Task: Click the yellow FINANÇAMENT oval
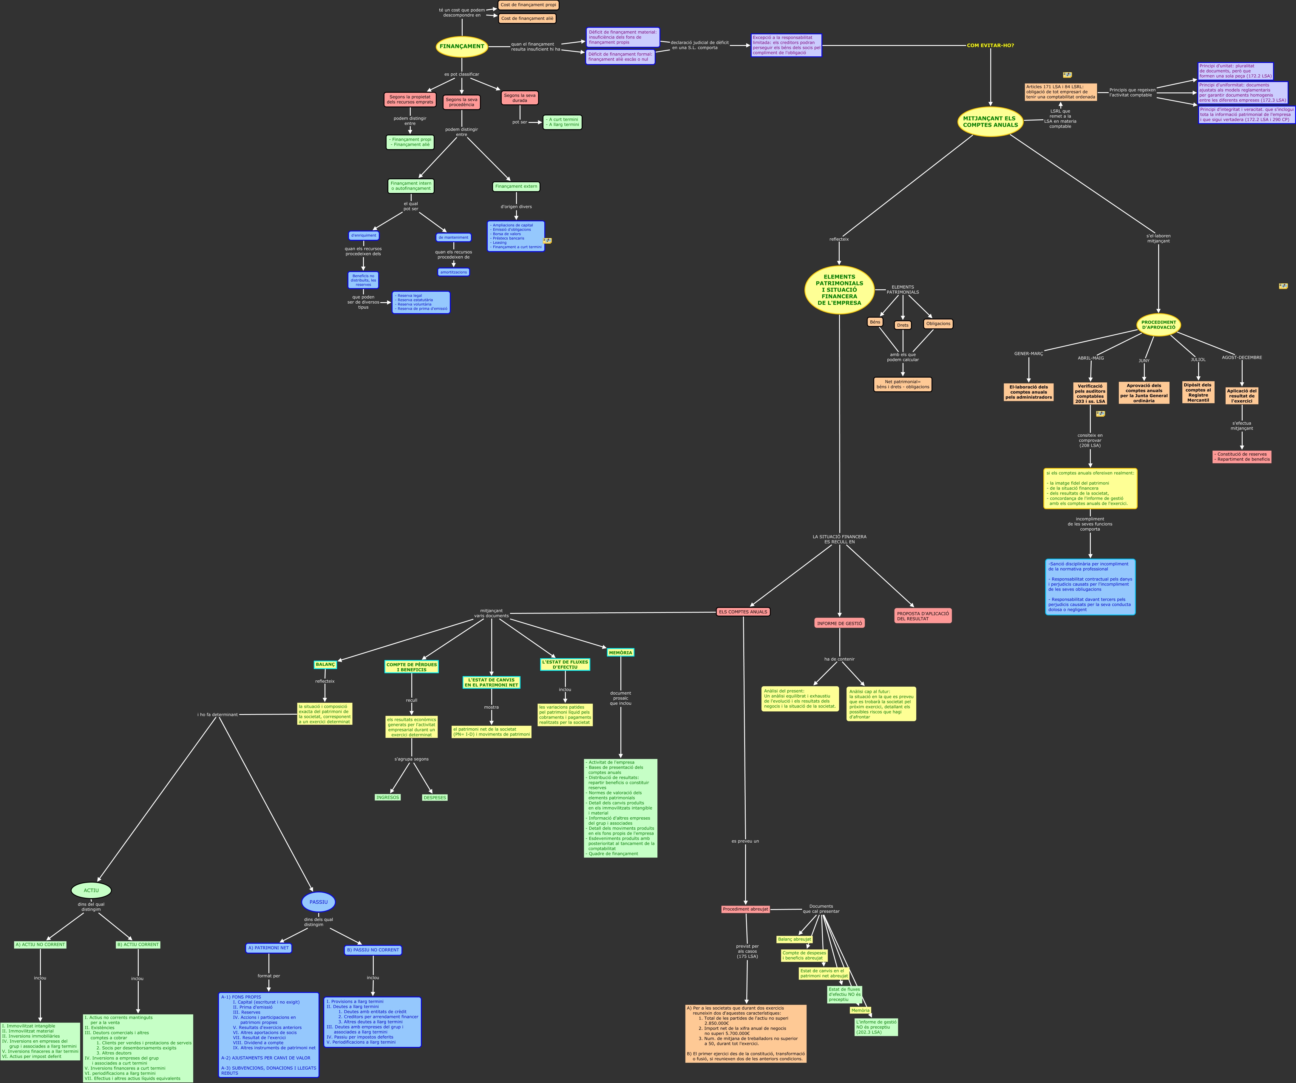pyautogui.click(x=462, y=46)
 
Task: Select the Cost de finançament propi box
pyautogui.click(x=528, y=5)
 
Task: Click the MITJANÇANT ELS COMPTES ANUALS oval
pyautogui.click(x=990, y=122)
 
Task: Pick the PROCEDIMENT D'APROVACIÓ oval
pyautogui.click(x=1158, y=325)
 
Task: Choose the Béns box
pyautogui.click(x=875, y=322)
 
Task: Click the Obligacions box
pyautogui.click(x=938, y=323)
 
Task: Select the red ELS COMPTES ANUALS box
pyautogui.click(x=743, y=611)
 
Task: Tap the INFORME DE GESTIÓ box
pyautogui.click(x=839, y=623)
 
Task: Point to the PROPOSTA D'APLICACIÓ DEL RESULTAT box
pyautogui.click(x=923, y=616)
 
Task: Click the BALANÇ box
pyautogui.click(x=325, y=665)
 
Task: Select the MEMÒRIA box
pyautogui.click(x=620, y=652)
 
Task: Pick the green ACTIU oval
pyautogui.click(x=91, y=890)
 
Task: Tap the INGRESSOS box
pyautogui.click(x=387, y=797)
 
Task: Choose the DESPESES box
pyautogui.click(x=435, y=797)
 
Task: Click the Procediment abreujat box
pyautogui.click(x=745, y=909)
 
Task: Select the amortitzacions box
pyautogui.click(x=454, y=272)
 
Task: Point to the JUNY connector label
pyautogui.click(x=1144, y=360)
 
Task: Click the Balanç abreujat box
pyautogui.click(x=794, y=939)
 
